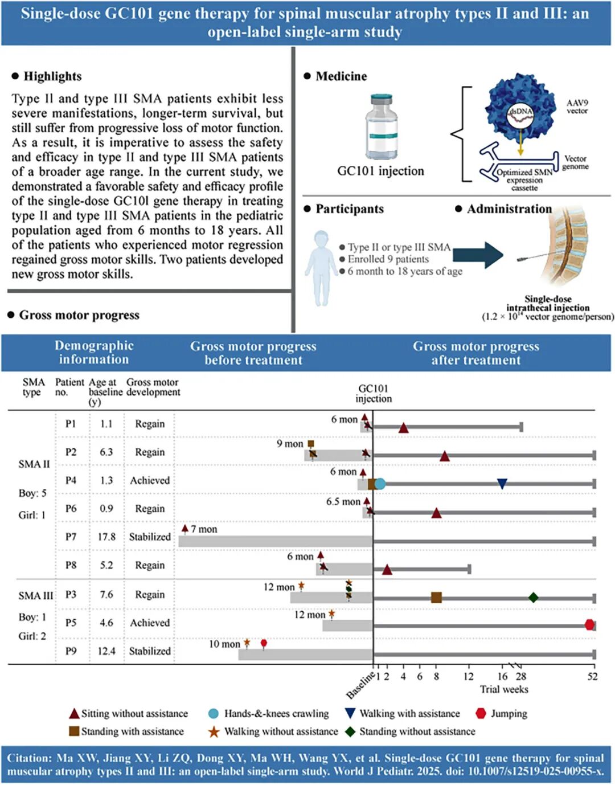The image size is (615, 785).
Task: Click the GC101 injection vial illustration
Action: [x=381, y=127]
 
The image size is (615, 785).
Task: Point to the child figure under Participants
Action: [x=321, y=267]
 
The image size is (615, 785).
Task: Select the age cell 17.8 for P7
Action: [x=106, y=537]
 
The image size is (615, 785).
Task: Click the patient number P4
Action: [x=71, y=480]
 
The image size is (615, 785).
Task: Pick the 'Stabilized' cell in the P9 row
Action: [x=150, y=651]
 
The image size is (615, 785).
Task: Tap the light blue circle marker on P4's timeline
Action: [x=380, y=484]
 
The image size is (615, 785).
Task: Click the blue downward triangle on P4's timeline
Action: [x=502, y=484]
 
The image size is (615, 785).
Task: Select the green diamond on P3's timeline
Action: [x=533, y=598]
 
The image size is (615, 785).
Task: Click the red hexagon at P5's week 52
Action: [x=590, y=625]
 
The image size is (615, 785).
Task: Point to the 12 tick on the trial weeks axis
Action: [x=469, y=676]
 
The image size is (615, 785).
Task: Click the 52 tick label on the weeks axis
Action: [x=593, y=676]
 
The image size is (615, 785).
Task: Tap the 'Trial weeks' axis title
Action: [x=504, y=689]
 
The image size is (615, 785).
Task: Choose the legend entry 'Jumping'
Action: [x=509, y=714]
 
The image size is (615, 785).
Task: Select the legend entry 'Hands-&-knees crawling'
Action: [x=276, y=714]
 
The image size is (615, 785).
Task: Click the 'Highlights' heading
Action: [x=52, y=76]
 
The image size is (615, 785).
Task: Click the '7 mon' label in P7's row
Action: [x=204, y=529]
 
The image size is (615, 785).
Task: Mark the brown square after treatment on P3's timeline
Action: [x=436, y=598]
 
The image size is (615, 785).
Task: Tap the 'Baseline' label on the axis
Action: [x=360, y=686]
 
